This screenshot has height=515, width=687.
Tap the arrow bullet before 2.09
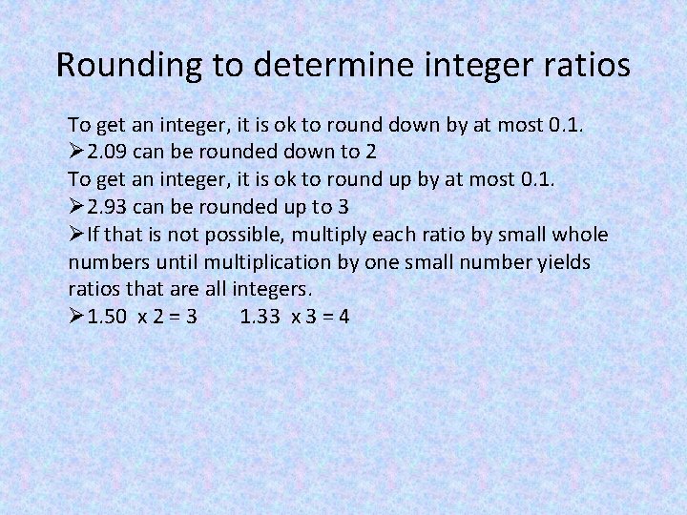[x=76, y=153]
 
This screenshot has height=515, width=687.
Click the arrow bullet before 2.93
[x=76, y=207]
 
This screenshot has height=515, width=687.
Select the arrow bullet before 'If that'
[x=76, y=235]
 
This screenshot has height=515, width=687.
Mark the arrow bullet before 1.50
[x=76, y=316]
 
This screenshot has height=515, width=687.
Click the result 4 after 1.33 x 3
[x=343, y=316]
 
